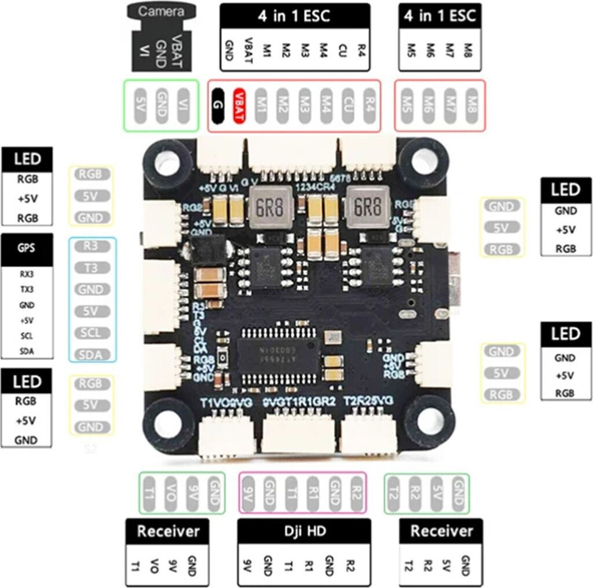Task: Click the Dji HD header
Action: tap(304, 531)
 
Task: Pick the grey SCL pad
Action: tap(91, 333)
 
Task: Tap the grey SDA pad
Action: tap(91, 354)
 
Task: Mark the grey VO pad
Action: tap(171, 494)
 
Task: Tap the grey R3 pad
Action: tap(91, 246)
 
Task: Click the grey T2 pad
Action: tap(395, 494)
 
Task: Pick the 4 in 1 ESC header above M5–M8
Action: tap(440, 16)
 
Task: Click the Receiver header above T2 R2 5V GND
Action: tap(441, 531)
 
